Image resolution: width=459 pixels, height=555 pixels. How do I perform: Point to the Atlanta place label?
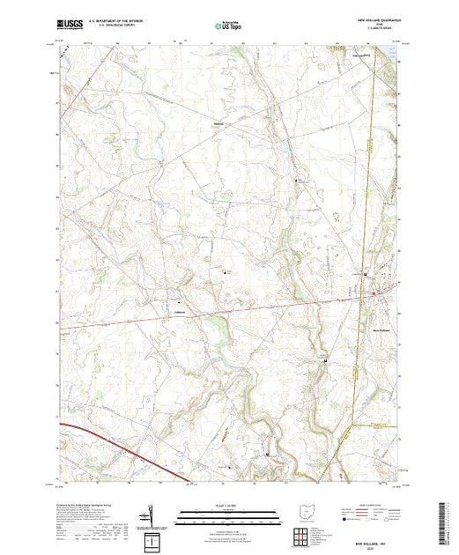[178, 309]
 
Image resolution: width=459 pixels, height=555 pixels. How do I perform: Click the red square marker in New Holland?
[374, 293]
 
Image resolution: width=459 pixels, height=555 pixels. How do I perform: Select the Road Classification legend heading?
[370, 508]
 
